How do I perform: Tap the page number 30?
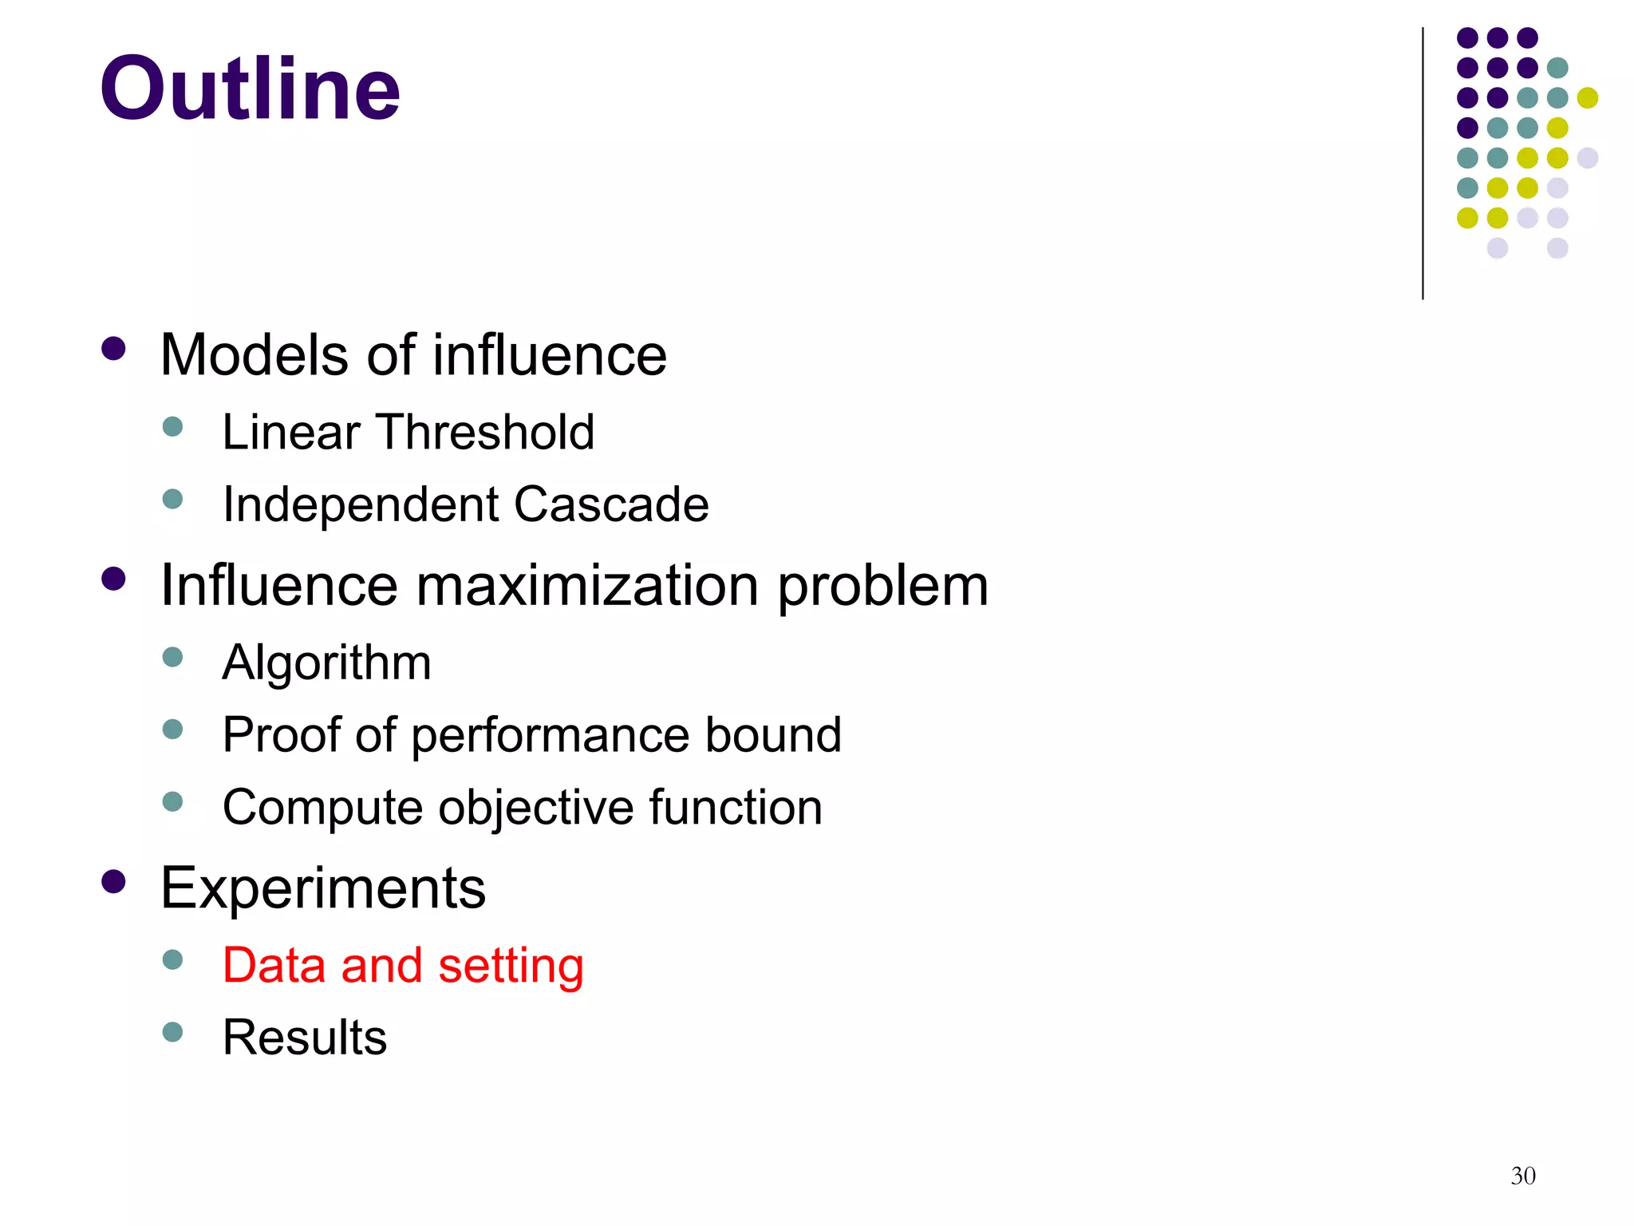(1522, 1176)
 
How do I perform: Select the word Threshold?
(486, 432)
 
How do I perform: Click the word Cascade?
(611, 504)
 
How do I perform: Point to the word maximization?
(586, 585)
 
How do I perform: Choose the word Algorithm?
(326, 662)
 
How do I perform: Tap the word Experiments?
(323, 888)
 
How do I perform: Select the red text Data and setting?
(403, 965)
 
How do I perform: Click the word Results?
(304, 1037)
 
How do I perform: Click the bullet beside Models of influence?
(114, 349)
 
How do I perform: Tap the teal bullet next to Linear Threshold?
(172, 426)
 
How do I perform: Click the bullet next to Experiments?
(114, 881)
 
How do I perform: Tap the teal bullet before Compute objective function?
(172, 801)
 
